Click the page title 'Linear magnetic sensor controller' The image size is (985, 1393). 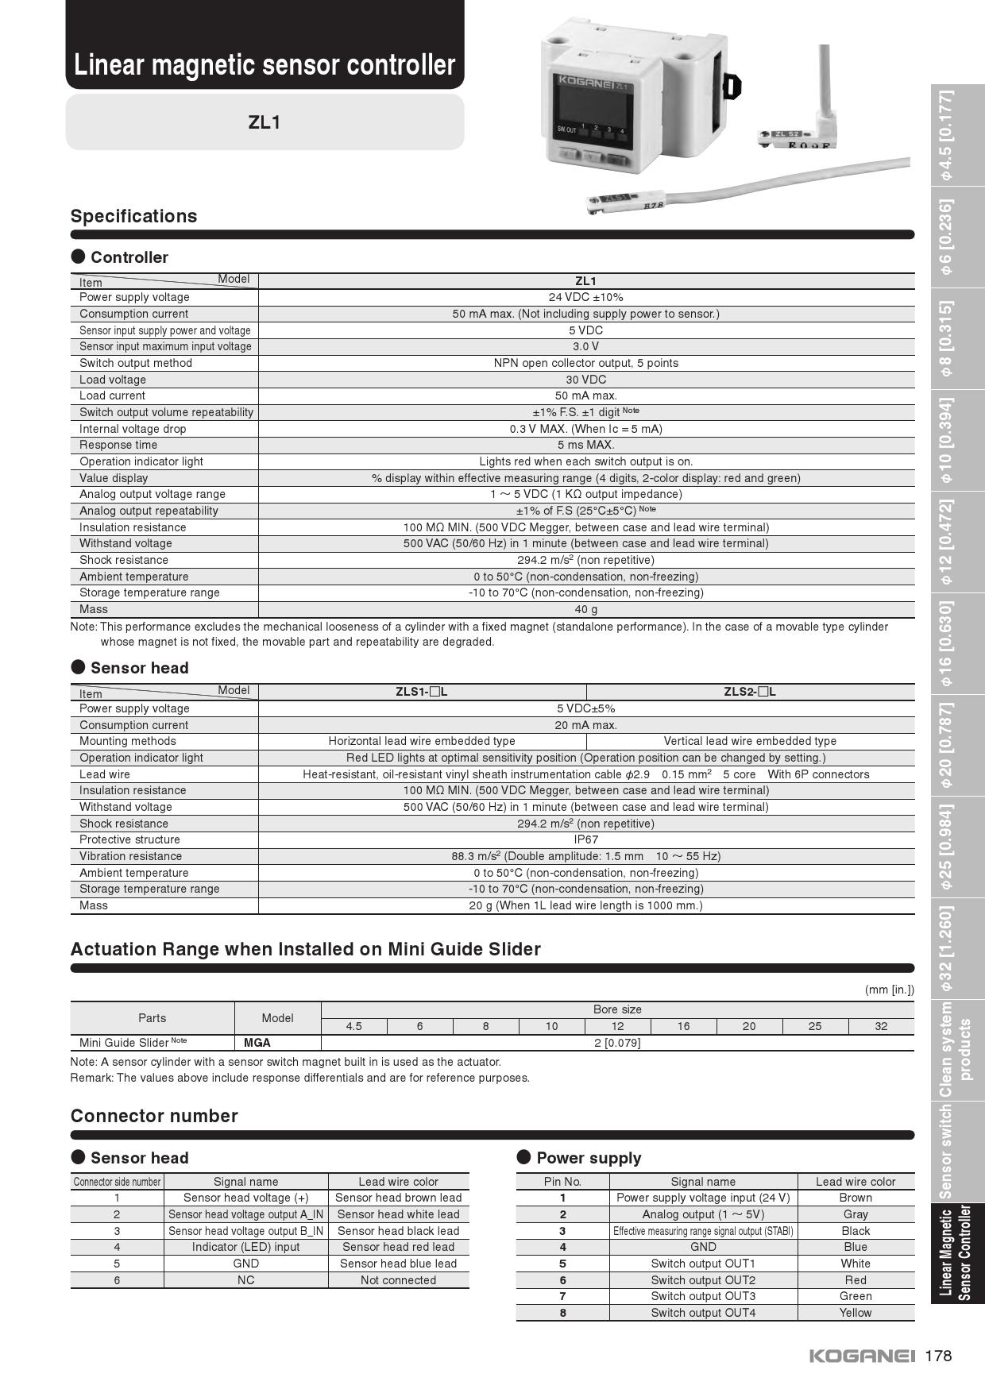click(265, 65)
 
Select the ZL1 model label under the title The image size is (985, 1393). click(265, 122)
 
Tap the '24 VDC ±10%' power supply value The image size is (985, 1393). click(585, 297)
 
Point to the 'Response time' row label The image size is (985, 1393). click(118, 445)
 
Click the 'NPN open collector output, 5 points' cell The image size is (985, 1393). click(585, 363)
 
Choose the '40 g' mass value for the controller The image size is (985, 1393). click(585, 609)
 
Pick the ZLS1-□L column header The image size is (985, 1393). click(422, 692)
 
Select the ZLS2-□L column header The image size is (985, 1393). click(750, 692)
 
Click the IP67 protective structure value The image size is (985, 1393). click(585, 839)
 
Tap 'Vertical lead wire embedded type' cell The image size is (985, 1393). click(750, 741)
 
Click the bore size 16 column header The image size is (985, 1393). click(683, 1026)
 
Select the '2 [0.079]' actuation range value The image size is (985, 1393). click(617, 1043)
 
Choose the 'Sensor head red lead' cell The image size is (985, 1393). click(398, 1247)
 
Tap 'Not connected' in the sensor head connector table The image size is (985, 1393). click(398, 1280)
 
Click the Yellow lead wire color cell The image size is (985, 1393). click(856, 1313)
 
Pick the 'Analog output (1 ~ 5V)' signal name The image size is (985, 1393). click(703, 1214)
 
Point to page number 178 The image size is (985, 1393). click(938, 1356)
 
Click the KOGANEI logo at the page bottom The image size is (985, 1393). click(862, 1356)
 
